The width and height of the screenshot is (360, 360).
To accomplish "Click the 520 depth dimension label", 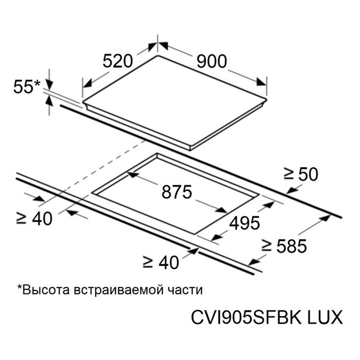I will point(118,62).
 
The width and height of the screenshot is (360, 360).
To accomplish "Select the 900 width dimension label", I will point(212,62).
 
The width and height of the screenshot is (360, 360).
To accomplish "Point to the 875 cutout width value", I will point(176,192).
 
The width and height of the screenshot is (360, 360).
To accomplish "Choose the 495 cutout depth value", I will point(245,223).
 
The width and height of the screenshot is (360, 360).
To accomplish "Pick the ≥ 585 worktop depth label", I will point(284,247).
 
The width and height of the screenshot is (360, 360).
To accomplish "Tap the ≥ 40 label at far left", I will point(34,218).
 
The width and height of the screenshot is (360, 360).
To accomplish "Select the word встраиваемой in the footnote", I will point(123,290).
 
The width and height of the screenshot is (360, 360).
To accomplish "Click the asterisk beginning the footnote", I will point(19,288).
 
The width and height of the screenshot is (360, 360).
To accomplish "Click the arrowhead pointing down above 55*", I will point(49,85).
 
